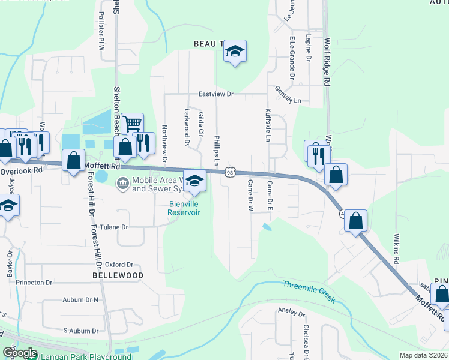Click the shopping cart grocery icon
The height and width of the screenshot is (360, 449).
132,124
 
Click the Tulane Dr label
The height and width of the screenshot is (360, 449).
114,227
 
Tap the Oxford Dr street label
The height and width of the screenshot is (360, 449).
119,264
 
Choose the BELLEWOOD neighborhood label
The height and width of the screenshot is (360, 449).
118,275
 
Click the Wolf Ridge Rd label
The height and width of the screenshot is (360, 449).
327,62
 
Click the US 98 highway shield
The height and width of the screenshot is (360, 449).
230,173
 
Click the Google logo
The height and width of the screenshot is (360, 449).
20,353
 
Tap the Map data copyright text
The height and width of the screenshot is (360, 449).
423,355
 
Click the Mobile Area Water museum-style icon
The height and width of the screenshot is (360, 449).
122,182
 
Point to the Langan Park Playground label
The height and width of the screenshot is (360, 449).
86,356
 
